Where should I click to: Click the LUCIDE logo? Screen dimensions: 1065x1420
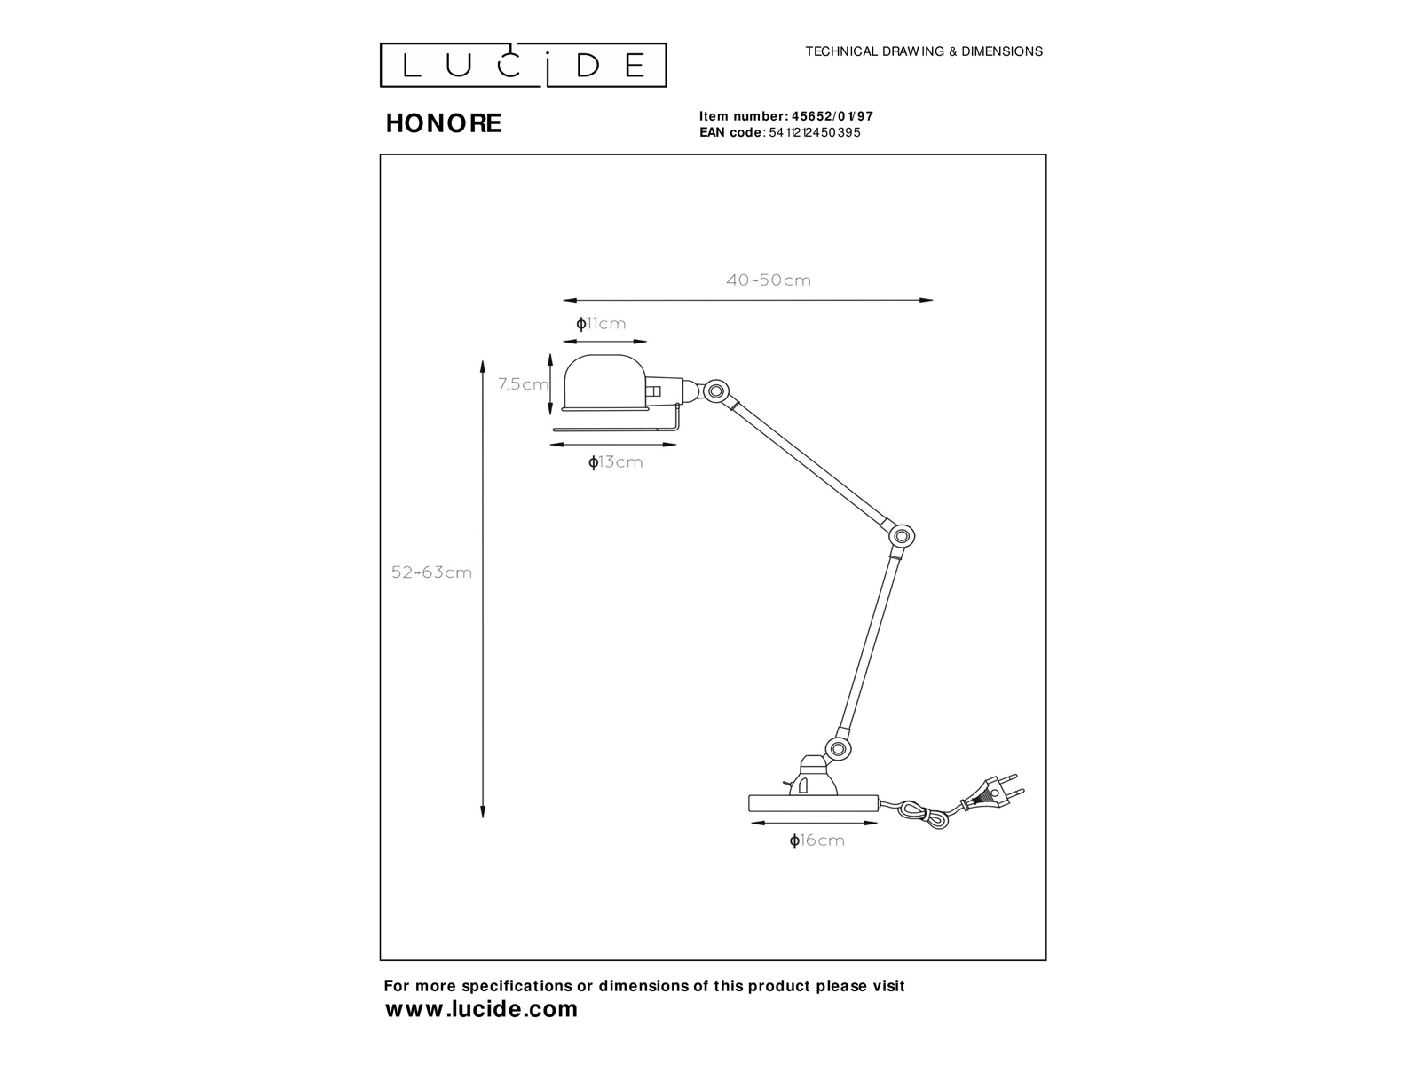[x=523, y=66]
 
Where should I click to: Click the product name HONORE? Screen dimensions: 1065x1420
[x=444, y=123]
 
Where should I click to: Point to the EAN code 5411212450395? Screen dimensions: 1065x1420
[x=814, y=133]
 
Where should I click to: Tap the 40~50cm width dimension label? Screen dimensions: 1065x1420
[x=769, y=280]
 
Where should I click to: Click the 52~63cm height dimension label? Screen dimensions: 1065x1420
[x=432, y=572]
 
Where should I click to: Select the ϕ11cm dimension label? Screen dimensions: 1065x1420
[x=601, y=324]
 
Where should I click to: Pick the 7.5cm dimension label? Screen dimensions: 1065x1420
[x=523, y=384]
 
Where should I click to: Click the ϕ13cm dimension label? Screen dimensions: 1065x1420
[x=615, y=462]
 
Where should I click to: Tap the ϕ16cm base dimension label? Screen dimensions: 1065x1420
[x=816, y=840]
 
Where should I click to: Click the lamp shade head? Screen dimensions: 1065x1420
[x=601, y=384]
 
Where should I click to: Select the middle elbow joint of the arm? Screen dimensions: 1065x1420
[x=902, y=536]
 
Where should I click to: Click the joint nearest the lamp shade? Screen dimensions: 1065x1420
[x=715, y=390]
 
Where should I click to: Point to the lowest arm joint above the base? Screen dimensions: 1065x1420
[x=838, y=747]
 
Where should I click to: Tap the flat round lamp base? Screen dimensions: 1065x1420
[x=813, y=802]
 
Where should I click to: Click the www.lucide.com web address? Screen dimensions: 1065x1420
[x=482, y=1009]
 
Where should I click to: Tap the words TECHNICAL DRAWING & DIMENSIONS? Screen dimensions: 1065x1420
[x=923, y=51]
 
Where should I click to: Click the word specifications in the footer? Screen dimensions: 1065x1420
[x=502, y=986]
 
